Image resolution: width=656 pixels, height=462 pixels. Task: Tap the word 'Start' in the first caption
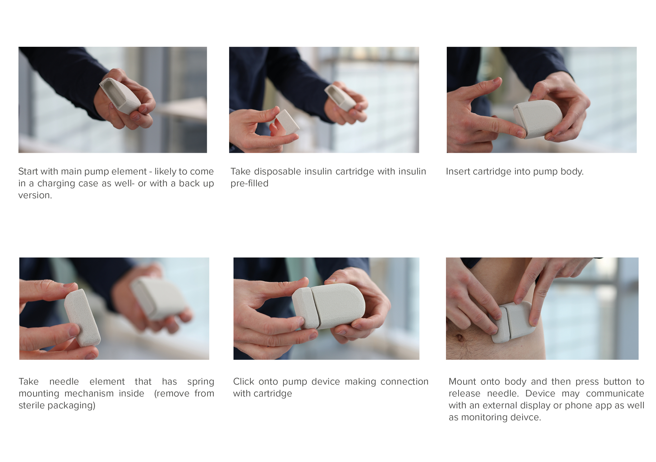(x=28, y=171)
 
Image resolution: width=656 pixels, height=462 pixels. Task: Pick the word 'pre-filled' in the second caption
(x=249, y=183)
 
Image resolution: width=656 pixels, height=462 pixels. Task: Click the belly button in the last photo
(x=460, y=338)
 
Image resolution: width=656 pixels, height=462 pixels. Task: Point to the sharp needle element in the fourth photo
(x=82, y=317)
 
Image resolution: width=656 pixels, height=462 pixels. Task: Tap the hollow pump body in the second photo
(x=340, y=97)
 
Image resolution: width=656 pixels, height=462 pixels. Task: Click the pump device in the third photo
(x=537, y=119)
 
